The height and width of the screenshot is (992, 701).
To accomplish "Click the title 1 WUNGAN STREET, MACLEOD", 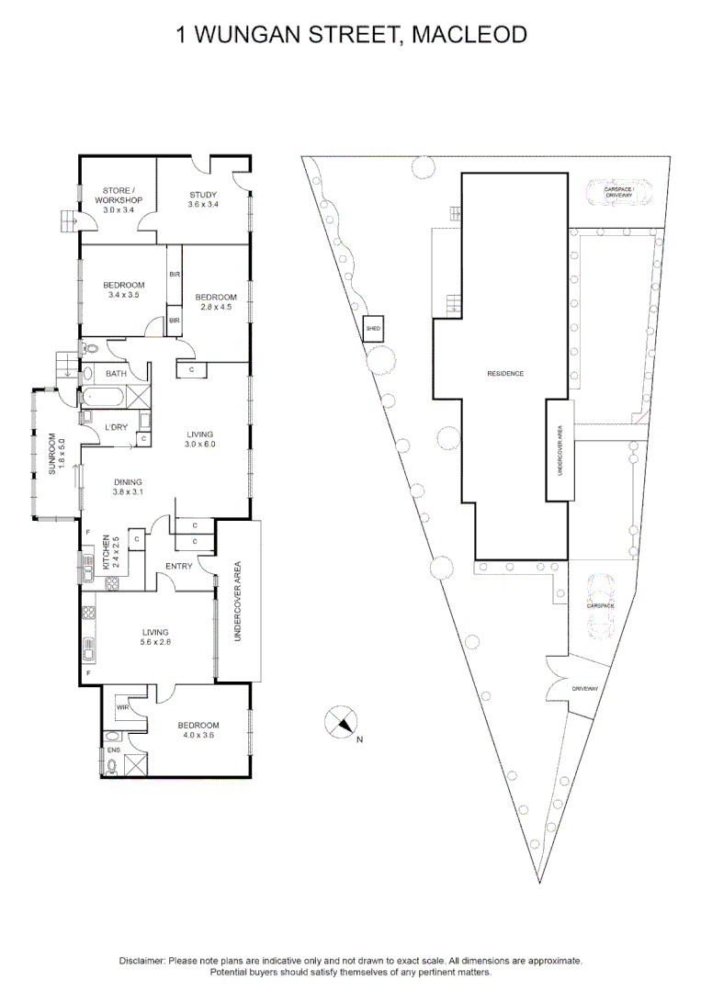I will [x=351, y=36].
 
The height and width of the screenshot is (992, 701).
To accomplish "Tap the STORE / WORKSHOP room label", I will [x=119, y=195].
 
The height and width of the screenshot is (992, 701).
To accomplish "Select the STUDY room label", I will [x=203, y=194].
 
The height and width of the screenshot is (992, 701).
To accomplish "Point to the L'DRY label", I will [x=117, y=427].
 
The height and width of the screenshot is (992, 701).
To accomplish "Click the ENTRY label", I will [x=179, y=566].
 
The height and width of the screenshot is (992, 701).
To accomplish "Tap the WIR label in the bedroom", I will [x=122, y=708].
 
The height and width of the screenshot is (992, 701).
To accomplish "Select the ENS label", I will [x=114, y=750].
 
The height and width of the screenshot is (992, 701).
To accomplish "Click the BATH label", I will [x=116, y=374].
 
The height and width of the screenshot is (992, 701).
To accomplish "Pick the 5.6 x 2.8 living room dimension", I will [x=157, y=643].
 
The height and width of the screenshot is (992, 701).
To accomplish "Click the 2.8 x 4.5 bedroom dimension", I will [x=216, y=308].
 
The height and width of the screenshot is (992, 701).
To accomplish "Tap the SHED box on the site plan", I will [x=373, y=328].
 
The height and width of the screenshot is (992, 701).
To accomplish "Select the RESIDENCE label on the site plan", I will [x=505, y=373].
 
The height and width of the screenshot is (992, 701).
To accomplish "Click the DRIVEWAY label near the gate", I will [x=584, y=688].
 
